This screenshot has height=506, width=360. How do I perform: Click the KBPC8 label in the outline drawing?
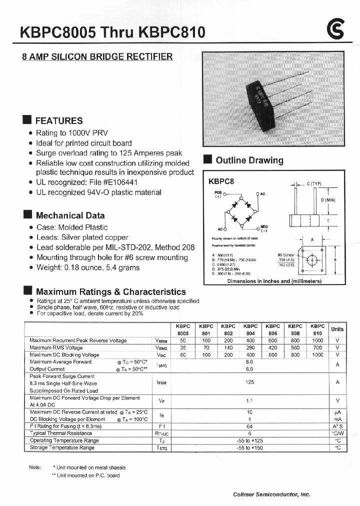(x=221, y=182)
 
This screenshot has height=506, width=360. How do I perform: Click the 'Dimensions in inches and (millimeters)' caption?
(x=281, y=281)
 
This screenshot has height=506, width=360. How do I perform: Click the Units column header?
(x=337, y=329)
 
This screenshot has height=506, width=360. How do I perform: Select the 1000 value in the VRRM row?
(x=317, y=340)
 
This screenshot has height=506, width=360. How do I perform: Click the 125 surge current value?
(x=250, y=382)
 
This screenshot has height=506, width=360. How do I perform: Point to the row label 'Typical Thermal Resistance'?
(x=61, y=433)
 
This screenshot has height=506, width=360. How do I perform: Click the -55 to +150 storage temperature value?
(x=250, y=448)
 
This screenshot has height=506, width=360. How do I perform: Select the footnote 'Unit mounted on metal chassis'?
(x=91, y=467)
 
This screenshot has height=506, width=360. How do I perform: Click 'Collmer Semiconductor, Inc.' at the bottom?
(x=271, y=494)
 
